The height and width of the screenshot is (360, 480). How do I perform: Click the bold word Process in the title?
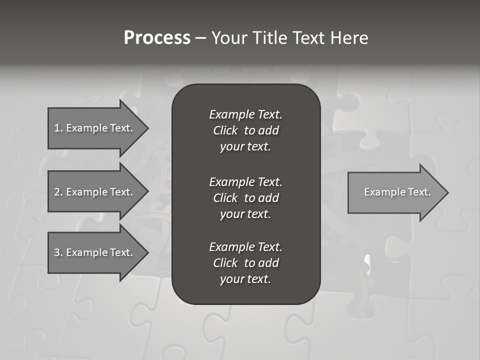tap(157, 38)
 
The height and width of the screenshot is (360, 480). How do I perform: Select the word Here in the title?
tap(349, 38)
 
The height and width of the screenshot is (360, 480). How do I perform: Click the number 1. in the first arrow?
tap(58, 128)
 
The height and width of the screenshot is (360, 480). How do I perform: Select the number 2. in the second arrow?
tap(58, 192)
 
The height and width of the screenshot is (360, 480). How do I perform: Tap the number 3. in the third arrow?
tap(58, 252)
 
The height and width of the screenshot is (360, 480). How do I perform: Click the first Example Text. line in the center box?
tap(245, 114)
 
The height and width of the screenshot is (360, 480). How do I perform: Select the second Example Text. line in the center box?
tap(245, 181)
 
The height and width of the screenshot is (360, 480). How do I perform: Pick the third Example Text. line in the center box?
tap(245, 247)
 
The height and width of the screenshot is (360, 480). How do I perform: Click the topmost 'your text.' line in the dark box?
tap(245, 146)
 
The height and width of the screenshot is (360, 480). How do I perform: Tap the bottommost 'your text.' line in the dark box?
tap(245, 279)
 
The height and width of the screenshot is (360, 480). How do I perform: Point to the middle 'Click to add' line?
tap(245, 198)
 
